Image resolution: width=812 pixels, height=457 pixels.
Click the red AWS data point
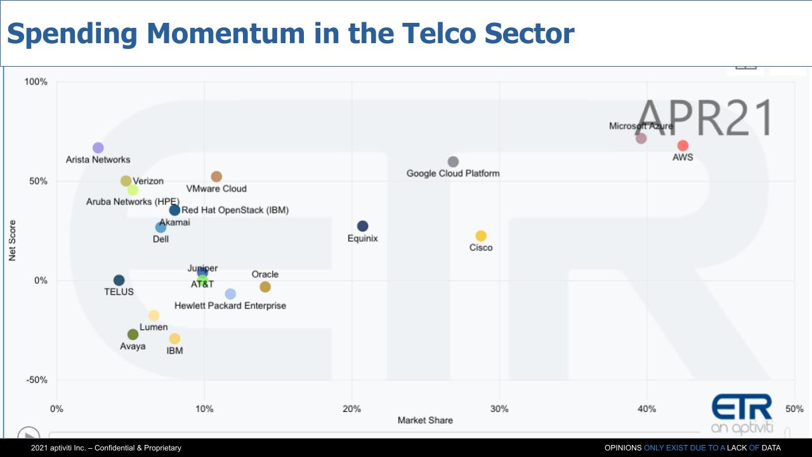[683, 146]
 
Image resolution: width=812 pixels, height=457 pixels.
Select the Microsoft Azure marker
[641, 138]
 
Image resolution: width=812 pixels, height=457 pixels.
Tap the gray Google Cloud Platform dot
[453, 162]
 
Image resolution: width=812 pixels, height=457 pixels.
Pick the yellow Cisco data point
[481, 236]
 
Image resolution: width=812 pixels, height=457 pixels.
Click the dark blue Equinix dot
[362, 227]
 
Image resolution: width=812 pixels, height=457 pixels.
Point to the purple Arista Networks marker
[98, 148]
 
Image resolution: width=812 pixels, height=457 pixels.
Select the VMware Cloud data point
[216, 176]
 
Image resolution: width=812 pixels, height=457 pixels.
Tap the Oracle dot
[265, 287]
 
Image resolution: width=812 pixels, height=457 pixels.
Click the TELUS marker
[119, 281]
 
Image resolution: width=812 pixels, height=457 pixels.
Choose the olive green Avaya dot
[133, 334]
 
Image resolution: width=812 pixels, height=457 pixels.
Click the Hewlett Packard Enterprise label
[230, 306]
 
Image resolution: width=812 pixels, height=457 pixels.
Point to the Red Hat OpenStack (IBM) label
[235, 210]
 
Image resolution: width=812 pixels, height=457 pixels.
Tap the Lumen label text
[154, 327]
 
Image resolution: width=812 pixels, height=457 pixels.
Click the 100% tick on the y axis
[36, 82]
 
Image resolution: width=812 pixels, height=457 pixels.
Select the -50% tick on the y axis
[36, 380]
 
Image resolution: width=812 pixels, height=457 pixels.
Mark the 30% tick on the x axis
[499, 409]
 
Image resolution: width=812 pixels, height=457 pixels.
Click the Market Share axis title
[425, 420]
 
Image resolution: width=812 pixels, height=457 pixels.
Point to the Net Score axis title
[12, 241]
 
